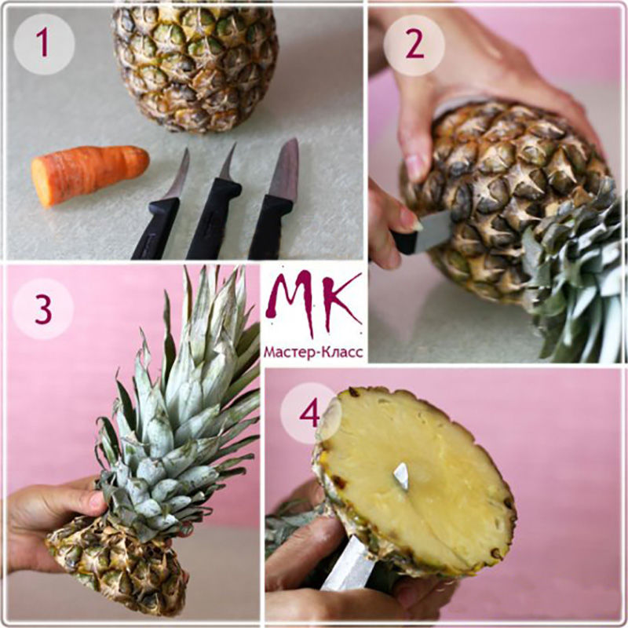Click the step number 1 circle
(44, 44)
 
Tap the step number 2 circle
(414, 46)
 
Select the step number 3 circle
(43, 309)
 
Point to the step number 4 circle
(310, 413)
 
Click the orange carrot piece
(89, 174)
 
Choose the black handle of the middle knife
(212, 220)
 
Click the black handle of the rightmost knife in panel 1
(270, 227)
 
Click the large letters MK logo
(313, 301)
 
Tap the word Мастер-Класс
(313, 352)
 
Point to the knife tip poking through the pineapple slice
(402, 476)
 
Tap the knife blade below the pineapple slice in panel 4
(348, 564)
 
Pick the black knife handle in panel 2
(404, 243)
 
